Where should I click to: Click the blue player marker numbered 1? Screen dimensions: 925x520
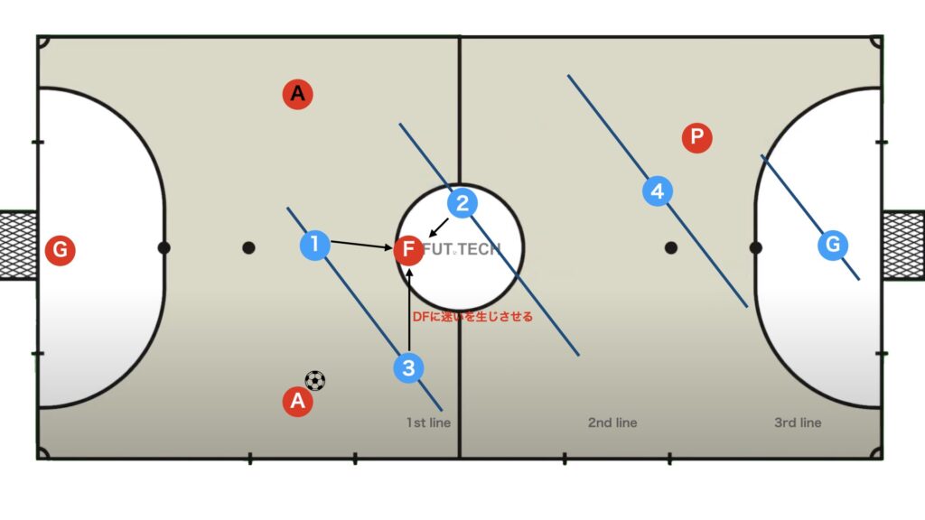coord(315,244)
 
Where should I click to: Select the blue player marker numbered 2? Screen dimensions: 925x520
coord(462,203)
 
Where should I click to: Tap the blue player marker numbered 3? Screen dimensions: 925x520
coord(409,368)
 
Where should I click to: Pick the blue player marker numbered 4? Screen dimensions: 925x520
coord(658,191)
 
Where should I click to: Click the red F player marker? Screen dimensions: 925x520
coord(409,250)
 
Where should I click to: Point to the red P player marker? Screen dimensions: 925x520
coord(697,138)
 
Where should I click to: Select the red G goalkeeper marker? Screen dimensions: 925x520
coord(61,250)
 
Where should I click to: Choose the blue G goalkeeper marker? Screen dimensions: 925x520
coord(833,244)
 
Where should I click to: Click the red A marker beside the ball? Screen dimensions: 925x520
coord(298,402)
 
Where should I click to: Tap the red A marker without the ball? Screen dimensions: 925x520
coord(298,94)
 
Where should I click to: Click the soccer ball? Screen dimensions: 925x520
coord(315,381)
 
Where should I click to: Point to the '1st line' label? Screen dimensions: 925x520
coord(429,422)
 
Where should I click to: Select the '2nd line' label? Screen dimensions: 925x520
coord(612,422)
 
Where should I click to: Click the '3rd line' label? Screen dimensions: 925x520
coord(798,422)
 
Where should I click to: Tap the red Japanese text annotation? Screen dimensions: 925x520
coord(472,317)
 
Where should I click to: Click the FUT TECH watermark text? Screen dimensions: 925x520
coord(462,249)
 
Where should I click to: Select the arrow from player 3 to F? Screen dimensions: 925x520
coord(409,311)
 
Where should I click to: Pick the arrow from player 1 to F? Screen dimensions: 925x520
coord(361,245)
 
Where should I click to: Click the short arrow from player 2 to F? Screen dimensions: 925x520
coord(438,227)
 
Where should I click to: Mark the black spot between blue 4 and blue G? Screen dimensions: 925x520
coord(671,247)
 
